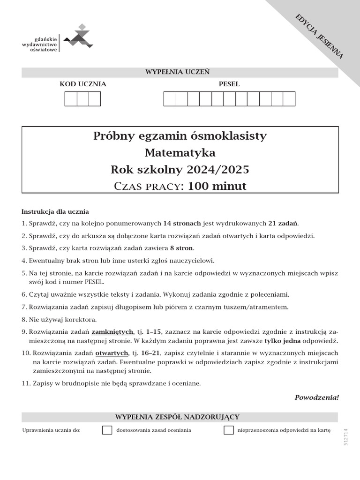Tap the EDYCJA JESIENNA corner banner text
pyautogui.click(x=319, y=36)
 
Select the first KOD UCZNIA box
pyautogui.click(x=71, y=99)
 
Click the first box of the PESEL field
pyautogui.click(x=169, y=99)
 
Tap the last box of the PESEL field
pyautogui.click(x=289, y=99)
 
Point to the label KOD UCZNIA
pyautogui.click(x=83, y=84)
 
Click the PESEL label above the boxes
pyautogui.click(x=229, y=84)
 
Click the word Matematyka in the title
pyautogui.click(x=180, y=152)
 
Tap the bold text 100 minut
pyautogui.click(x=217, y=186)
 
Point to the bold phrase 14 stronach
pyautogui.click(x=182, y=223)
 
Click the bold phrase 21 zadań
pyautogui.click(x=283, y=223)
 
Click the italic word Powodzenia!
pyautogui.click(x=316, y=397)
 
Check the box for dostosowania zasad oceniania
pyautogui.click(x=107, y=430)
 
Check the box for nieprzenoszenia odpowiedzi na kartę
pyautogui.click(x=229, y=430)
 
